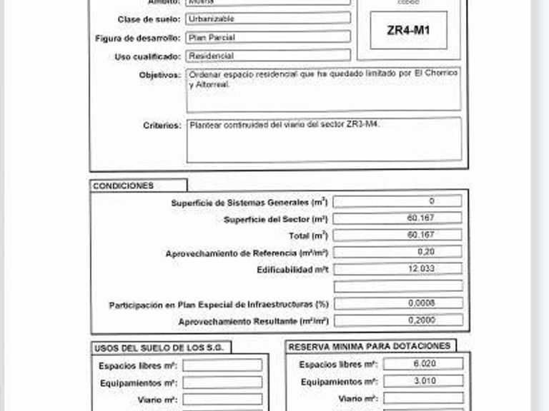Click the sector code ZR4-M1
coord(408,31)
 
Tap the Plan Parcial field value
coord(207,37)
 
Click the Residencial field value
coord(211,56)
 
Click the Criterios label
coord(162,125)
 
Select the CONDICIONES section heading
coord(123,186)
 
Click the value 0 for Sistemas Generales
coord(431,201)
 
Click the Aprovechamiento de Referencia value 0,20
coord(426,252)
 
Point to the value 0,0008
coord(422,303)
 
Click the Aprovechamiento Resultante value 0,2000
coord(422,320)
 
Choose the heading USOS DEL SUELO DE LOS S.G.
coord(161,347)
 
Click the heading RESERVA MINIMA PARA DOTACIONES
coord(370,346)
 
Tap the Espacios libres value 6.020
coord(423,364)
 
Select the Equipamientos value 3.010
coord(423,381)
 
